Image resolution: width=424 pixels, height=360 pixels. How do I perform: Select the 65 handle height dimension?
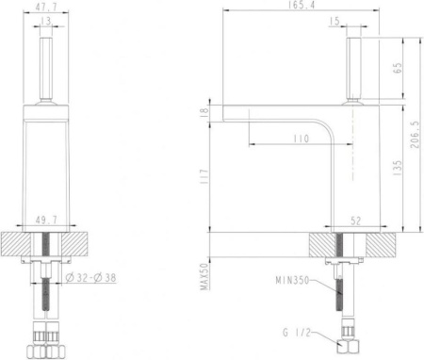[398, 68]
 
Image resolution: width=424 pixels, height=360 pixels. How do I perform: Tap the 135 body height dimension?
[398, 167]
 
